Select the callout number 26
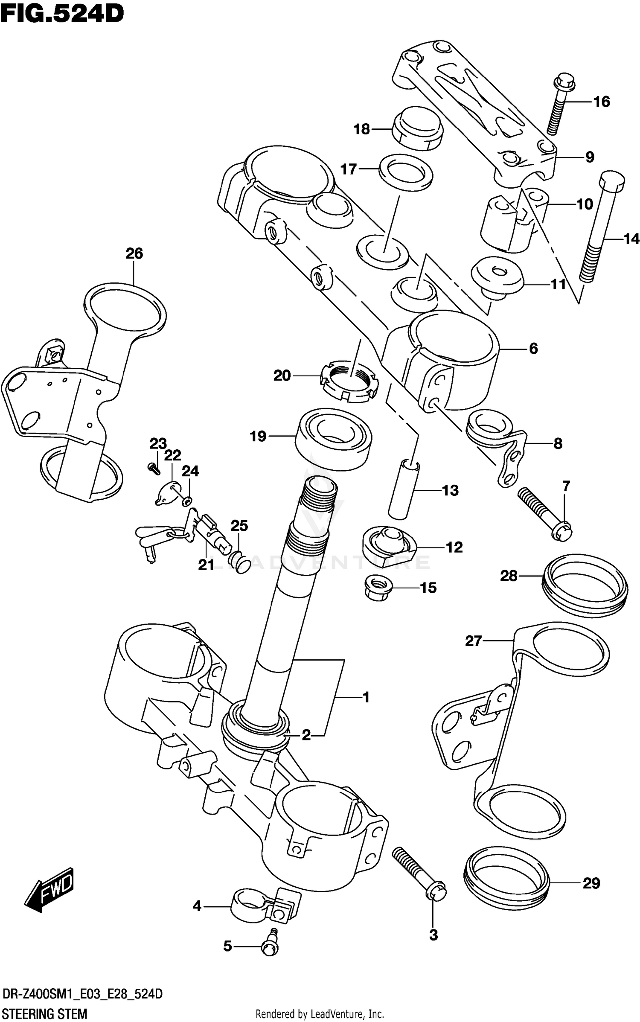134,253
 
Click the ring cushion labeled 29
506,880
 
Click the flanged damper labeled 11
497,275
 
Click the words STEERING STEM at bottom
44,1010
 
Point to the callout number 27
473,641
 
